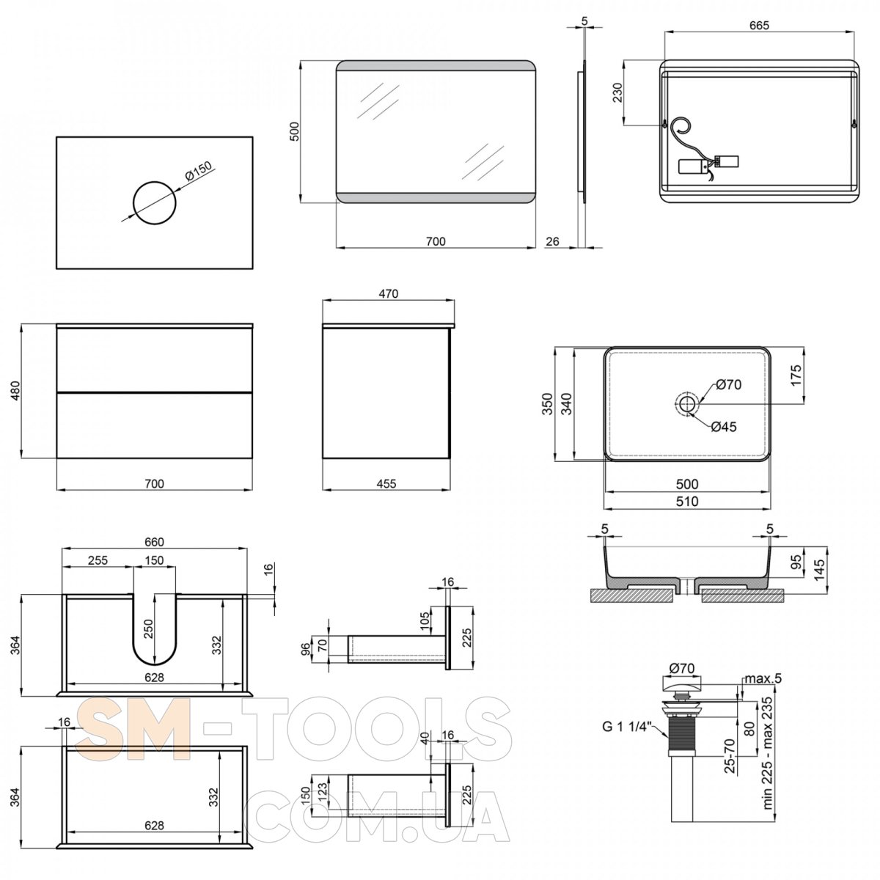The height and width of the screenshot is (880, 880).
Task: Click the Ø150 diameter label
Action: coord(199,174)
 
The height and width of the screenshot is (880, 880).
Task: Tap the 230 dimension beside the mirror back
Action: coord(617,92)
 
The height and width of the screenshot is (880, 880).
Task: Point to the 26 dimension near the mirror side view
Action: coord(553,241)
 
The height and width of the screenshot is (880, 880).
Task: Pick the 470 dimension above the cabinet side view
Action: coord(388,293)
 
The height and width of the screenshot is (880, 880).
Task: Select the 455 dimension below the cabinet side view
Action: coord(386,483)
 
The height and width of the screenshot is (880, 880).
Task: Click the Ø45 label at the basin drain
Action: coord(723,427)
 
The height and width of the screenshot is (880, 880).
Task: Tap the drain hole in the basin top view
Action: coord(687,403)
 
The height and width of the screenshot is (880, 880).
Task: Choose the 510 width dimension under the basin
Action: coord(687,502)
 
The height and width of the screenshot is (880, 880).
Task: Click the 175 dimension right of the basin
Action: coord(796,375)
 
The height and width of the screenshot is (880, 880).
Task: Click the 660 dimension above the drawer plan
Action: coord(153,542)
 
